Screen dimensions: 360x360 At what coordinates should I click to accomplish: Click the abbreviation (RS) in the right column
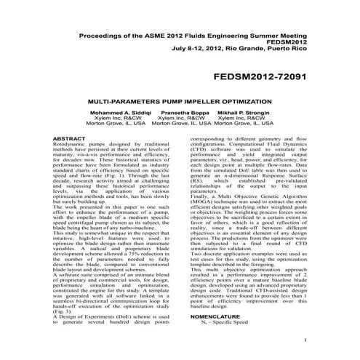196,174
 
